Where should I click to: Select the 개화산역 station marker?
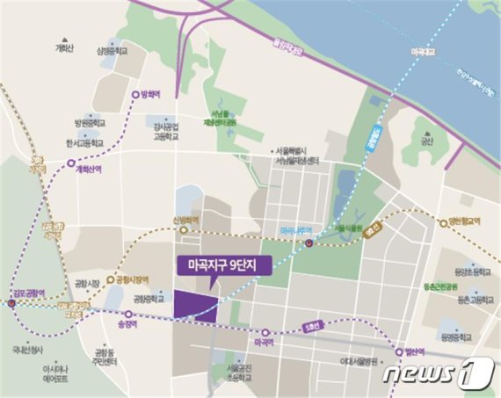(72, 163)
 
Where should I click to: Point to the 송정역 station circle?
(128, 314)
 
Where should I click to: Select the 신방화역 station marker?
(186, 227)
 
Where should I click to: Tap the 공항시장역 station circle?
(111, 282)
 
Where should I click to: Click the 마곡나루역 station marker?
(309, 243)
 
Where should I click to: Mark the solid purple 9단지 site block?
(196, 305)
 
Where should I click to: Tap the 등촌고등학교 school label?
(471, 300)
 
